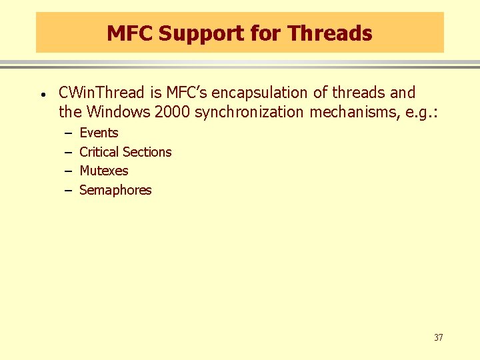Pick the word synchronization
coord(249,112)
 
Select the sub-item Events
coord(99,133)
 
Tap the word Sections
coord(147,152)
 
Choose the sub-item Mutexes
coord(103,171)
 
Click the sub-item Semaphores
coord(115,190)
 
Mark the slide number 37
coord(438,337)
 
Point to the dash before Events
coord(67,133)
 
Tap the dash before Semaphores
coord(67,191)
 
